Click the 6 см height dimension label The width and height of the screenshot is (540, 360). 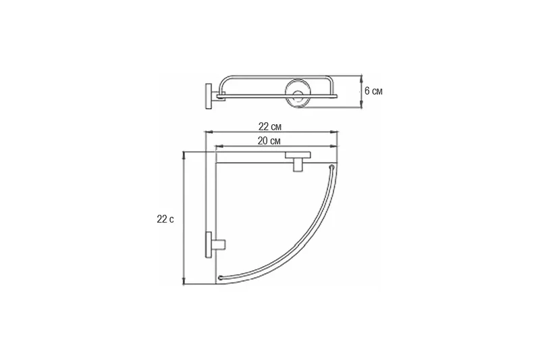[373, 91]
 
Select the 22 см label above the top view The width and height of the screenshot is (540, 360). [269, 127]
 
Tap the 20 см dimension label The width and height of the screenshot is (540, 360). [269, 141]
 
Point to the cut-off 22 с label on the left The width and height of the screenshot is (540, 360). [165, 219]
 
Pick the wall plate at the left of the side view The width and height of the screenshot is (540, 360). [209, 96]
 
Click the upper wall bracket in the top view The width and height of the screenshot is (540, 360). [298, 161]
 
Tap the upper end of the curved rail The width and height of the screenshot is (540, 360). [331, 167]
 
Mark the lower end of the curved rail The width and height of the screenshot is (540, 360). [221, 278]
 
